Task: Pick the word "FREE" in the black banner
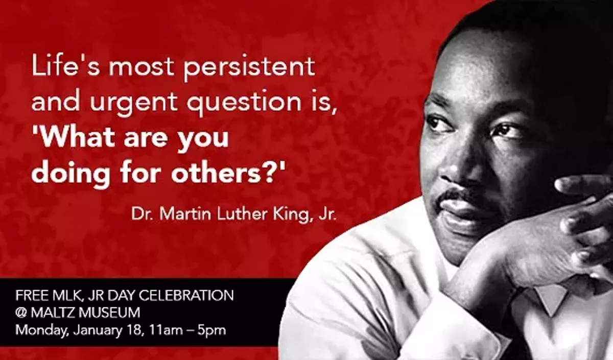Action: coord(31,296)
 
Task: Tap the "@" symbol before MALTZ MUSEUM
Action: coord(21,313)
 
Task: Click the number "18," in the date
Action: coord(131,330)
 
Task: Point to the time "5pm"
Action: coord(212,330)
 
